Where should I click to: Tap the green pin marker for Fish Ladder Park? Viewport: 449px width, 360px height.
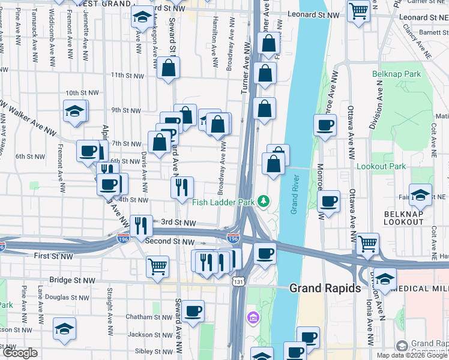click(263, 200)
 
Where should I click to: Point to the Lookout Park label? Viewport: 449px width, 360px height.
click(381, 166)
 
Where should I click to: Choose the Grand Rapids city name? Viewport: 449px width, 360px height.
click(325, 288)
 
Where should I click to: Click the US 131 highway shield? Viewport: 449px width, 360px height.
click(239, 281)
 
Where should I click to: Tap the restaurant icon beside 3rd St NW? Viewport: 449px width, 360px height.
click(141, 225)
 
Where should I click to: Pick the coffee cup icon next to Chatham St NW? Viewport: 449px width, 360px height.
click(193, 311)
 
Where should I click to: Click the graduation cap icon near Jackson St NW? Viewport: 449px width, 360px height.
click(64, 328)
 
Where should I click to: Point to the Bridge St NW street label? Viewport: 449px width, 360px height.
click(73, 280)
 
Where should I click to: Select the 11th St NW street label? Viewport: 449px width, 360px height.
click(127, 76)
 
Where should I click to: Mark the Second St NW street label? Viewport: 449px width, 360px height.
click(170, 241)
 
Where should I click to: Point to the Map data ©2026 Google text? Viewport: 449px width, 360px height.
click(412, 355)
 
